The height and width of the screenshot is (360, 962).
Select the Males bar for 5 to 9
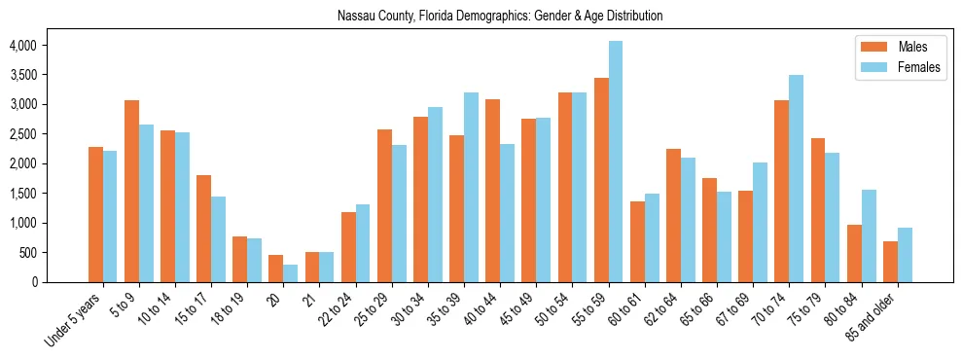(131, 191)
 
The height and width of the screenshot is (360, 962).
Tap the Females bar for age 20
(291, 273)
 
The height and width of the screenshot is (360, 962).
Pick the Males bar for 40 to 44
(492, 191)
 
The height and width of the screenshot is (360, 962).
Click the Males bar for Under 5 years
(95, 214)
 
